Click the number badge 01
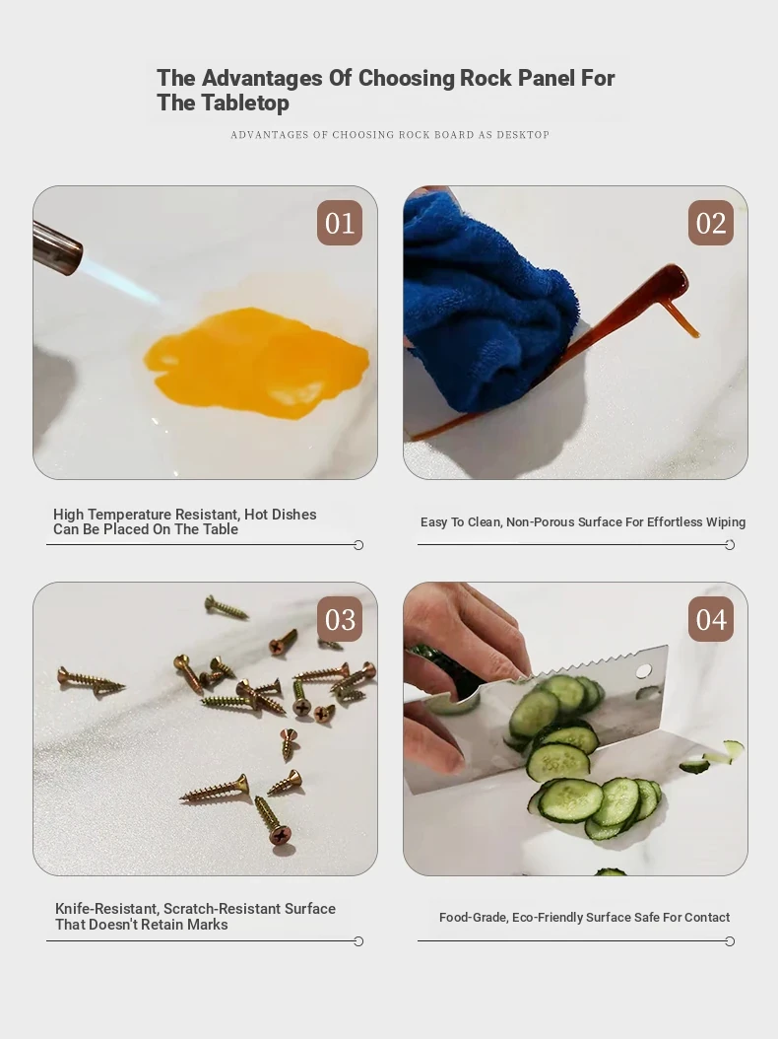[340, 223]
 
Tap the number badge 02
[710, 223]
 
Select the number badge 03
[340, 619]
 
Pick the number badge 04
[710, 619]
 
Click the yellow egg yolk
[257, 363]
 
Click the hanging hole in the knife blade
[643, 671]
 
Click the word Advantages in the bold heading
[262, 78]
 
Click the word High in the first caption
[68, 515]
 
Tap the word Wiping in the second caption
[726, 522]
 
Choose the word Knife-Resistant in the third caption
[107, 909]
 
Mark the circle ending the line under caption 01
[358, 545]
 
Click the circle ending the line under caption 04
[730, 941]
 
